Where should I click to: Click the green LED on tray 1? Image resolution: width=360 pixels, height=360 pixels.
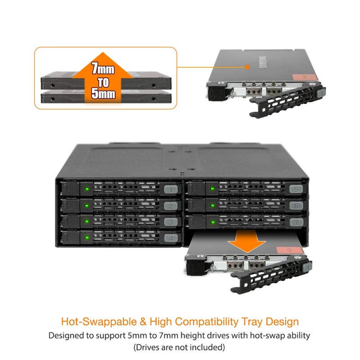coord(87,189)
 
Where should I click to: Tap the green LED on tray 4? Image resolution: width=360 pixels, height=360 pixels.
coord(87,238)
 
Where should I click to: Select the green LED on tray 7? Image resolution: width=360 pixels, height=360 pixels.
coord(212,222)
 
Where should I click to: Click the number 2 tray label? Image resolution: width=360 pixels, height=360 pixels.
coord(171,206)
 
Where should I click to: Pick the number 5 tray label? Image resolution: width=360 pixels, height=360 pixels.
coord(296,189)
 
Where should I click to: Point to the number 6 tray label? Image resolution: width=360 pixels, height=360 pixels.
coord(296,206)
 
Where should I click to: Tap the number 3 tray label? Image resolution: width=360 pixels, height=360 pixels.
coord(171,222)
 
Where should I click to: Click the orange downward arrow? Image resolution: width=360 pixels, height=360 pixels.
coord(247,241)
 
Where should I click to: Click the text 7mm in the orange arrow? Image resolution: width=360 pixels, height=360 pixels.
coord(103,68)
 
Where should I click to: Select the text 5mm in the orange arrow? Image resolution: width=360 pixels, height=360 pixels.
coord(103,93)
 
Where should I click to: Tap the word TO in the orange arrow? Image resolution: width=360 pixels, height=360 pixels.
coord(103,82)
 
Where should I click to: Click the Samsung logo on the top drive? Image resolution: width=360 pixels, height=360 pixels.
coord(263,62)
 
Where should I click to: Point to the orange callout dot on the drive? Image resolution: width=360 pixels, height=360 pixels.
coord(247,67)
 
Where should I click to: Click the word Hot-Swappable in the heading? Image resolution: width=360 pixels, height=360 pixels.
coord(99,322)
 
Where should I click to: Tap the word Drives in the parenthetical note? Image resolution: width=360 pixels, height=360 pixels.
coord(148,347)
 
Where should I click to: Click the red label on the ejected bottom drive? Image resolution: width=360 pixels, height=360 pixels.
coord(290,250)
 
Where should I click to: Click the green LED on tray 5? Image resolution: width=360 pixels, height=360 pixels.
coord(212,189)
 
